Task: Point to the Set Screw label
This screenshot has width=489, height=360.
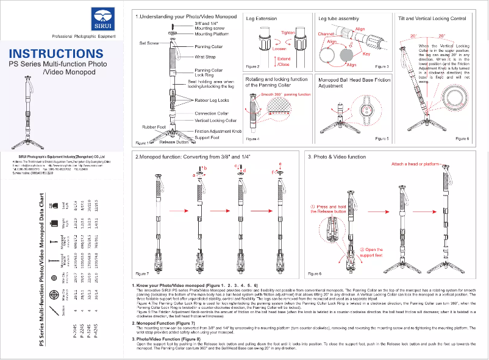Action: [x=149, y=44]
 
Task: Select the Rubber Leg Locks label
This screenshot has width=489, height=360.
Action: [x=212, y=100]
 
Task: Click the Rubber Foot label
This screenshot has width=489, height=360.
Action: [x=154, y=127]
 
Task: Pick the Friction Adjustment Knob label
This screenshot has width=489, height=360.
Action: [x=218, y=131]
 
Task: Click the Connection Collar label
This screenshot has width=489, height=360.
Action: [x=211, y=113]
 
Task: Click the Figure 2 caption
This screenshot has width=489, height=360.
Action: [x=252, y=66]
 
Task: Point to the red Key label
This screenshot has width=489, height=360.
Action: [x=366, y=54]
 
